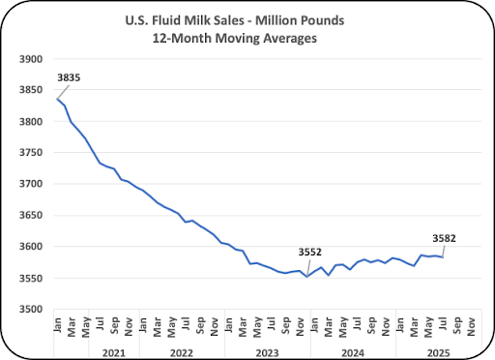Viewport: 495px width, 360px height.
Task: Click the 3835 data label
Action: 69,77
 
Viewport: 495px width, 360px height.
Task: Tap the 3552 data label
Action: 309,252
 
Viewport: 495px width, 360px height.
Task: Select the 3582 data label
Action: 444,238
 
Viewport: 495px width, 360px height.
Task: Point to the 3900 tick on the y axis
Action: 31,59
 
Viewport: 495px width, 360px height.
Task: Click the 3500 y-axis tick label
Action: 31,310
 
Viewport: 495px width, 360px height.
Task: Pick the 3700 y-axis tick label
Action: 31,184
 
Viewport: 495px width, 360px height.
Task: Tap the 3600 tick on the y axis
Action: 31,247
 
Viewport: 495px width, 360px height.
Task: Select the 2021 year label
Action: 114,353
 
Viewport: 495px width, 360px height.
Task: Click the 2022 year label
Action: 182,353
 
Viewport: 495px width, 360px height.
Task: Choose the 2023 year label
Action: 267,353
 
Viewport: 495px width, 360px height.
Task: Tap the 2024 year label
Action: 353,353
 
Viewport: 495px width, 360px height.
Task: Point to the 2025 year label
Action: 438,353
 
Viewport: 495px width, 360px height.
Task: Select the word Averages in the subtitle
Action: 290,39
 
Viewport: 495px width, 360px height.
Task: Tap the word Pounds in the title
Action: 322,20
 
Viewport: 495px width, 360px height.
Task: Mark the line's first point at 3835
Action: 57,99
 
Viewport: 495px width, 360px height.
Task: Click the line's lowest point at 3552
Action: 307,277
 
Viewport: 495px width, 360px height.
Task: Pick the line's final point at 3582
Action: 443,257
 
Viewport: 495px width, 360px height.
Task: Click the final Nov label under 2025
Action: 471,327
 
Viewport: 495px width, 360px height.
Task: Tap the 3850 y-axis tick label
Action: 31,90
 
